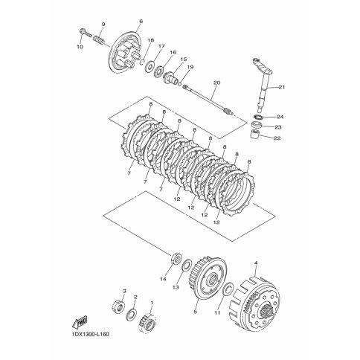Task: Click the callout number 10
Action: tap(80, 47)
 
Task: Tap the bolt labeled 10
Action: tap(86, 33)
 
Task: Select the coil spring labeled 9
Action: tap(100, 40)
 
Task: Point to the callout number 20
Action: tap(216, 83)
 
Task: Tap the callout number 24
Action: tap(280, 117)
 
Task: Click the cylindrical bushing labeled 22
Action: tap(255, 135)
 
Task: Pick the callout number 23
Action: tap(278, 127)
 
